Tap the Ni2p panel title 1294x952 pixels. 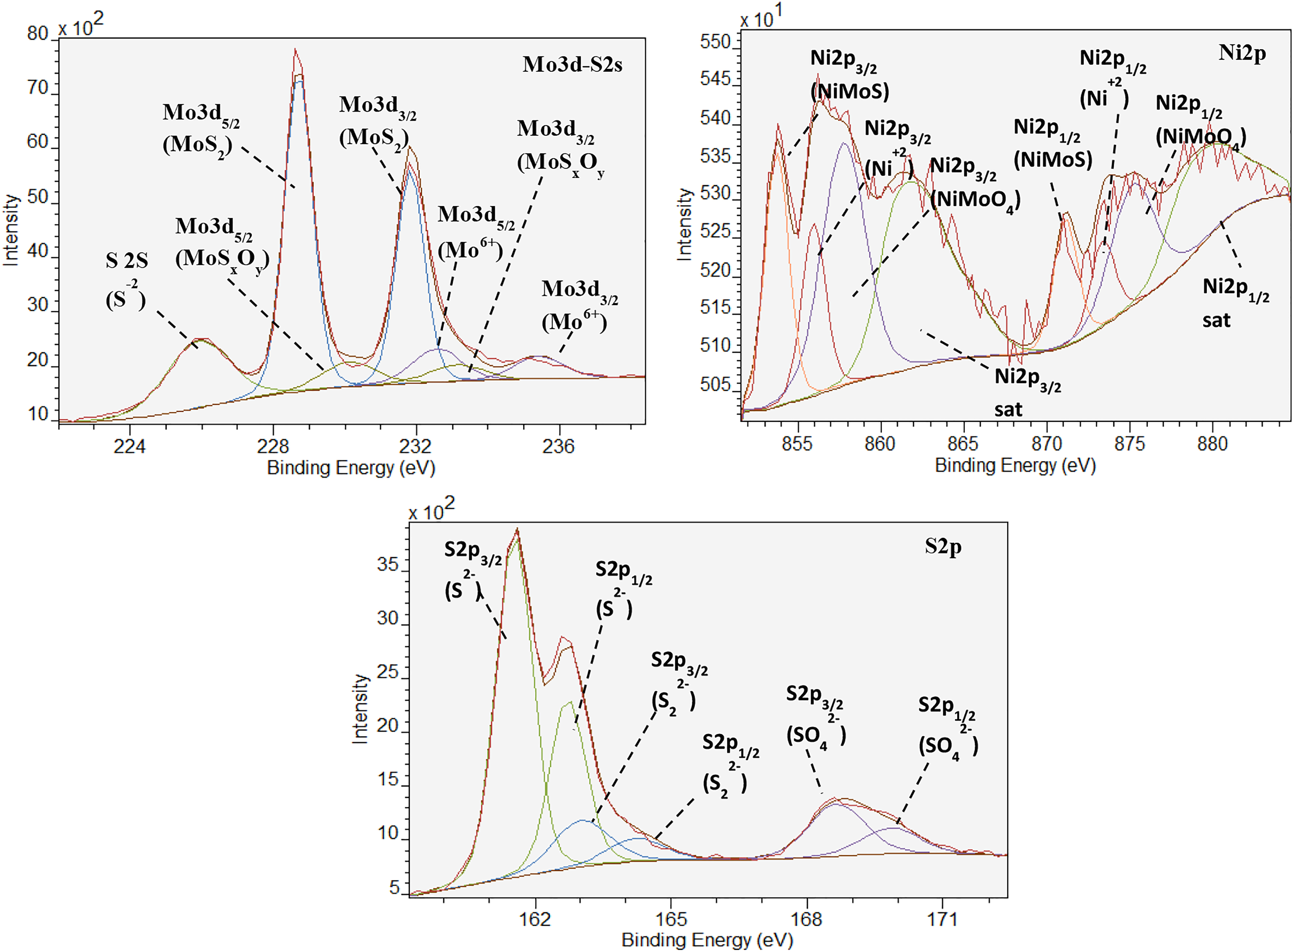coord(1242,53)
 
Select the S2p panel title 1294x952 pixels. coord(943,545)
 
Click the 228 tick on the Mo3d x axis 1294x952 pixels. coord(273,446)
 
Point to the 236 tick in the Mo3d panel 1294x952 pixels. coord(558,446)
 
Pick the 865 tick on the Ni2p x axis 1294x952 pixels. coord(963,444)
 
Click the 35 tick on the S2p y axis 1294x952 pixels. coord(387,564)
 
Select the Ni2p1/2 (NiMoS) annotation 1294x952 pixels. coord(1052,143)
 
